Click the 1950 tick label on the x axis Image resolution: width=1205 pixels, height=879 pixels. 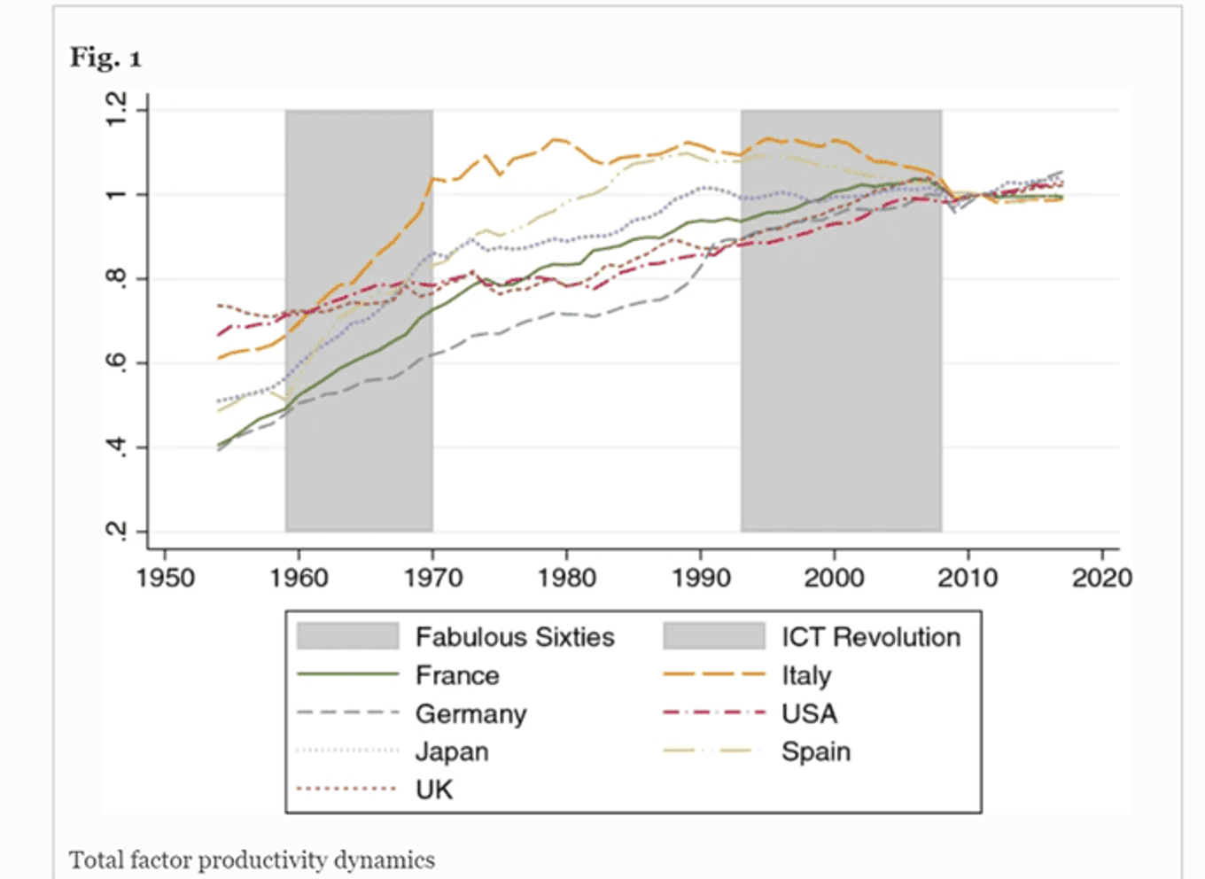tap(165, 579)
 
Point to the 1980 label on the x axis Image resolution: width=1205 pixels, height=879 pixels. tap(567, 579)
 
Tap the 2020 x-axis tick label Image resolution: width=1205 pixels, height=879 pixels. tap(1102, 579)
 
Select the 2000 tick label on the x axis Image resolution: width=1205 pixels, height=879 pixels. tap(835, 579)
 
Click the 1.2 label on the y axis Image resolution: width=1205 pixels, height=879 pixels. tap(116, 109)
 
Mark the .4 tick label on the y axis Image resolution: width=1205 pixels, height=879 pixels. tap(116, 447)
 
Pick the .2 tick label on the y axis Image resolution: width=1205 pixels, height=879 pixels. tap(116, 532)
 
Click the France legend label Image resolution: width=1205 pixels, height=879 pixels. tap(457, 675)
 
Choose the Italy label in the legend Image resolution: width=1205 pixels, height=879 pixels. tap(806, 676)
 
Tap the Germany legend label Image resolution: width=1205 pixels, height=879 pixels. tap(470, 715)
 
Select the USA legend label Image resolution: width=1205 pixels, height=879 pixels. tap(810, 714)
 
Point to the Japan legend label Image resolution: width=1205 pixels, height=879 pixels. tap(452, 753)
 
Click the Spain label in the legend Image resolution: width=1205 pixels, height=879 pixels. tap(816, 753)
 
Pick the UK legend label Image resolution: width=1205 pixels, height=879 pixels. tap(434, 790)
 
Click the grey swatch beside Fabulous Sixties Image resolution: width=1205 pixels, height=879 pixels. tap(347, 636)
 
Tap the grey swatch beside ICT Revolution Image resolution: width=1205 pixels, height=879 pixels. tap(714, 636)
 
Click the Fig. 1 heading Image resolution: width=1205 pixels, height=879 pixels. tap(105, 58)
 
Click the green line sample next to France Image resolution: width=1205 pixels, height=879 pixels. tap(347, 674)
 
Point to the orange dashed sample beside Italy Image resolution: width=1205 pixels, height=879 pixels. tap(714, 674)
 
